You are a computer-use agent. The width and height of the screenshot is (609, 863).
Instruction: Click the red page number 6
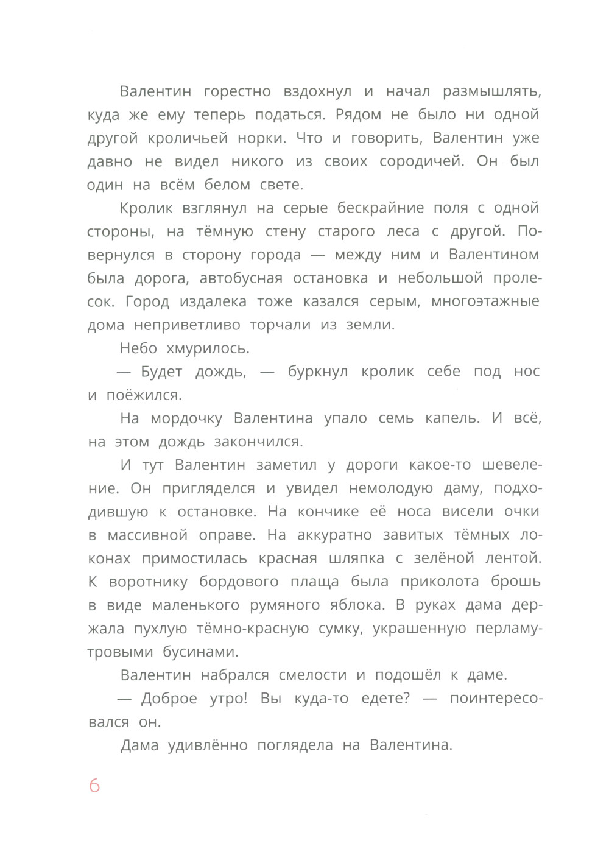94,786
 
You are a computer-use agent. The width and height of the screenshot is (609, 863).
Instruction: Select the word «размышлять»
491,92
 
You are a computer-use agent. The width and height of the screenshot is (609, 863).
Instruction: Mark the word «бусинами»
200,652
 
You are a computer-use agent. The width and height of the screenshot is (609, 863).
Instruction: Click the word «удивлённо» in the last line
209,745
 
